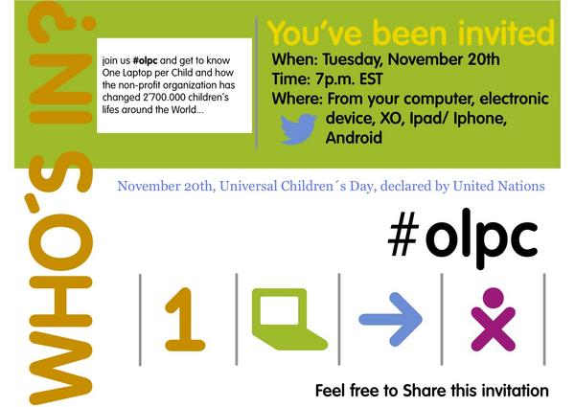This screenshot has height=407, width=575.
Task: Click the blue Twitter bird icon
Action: coord(298,129)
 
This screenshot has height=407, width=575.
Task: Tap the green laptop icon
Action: coord(285,313)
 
